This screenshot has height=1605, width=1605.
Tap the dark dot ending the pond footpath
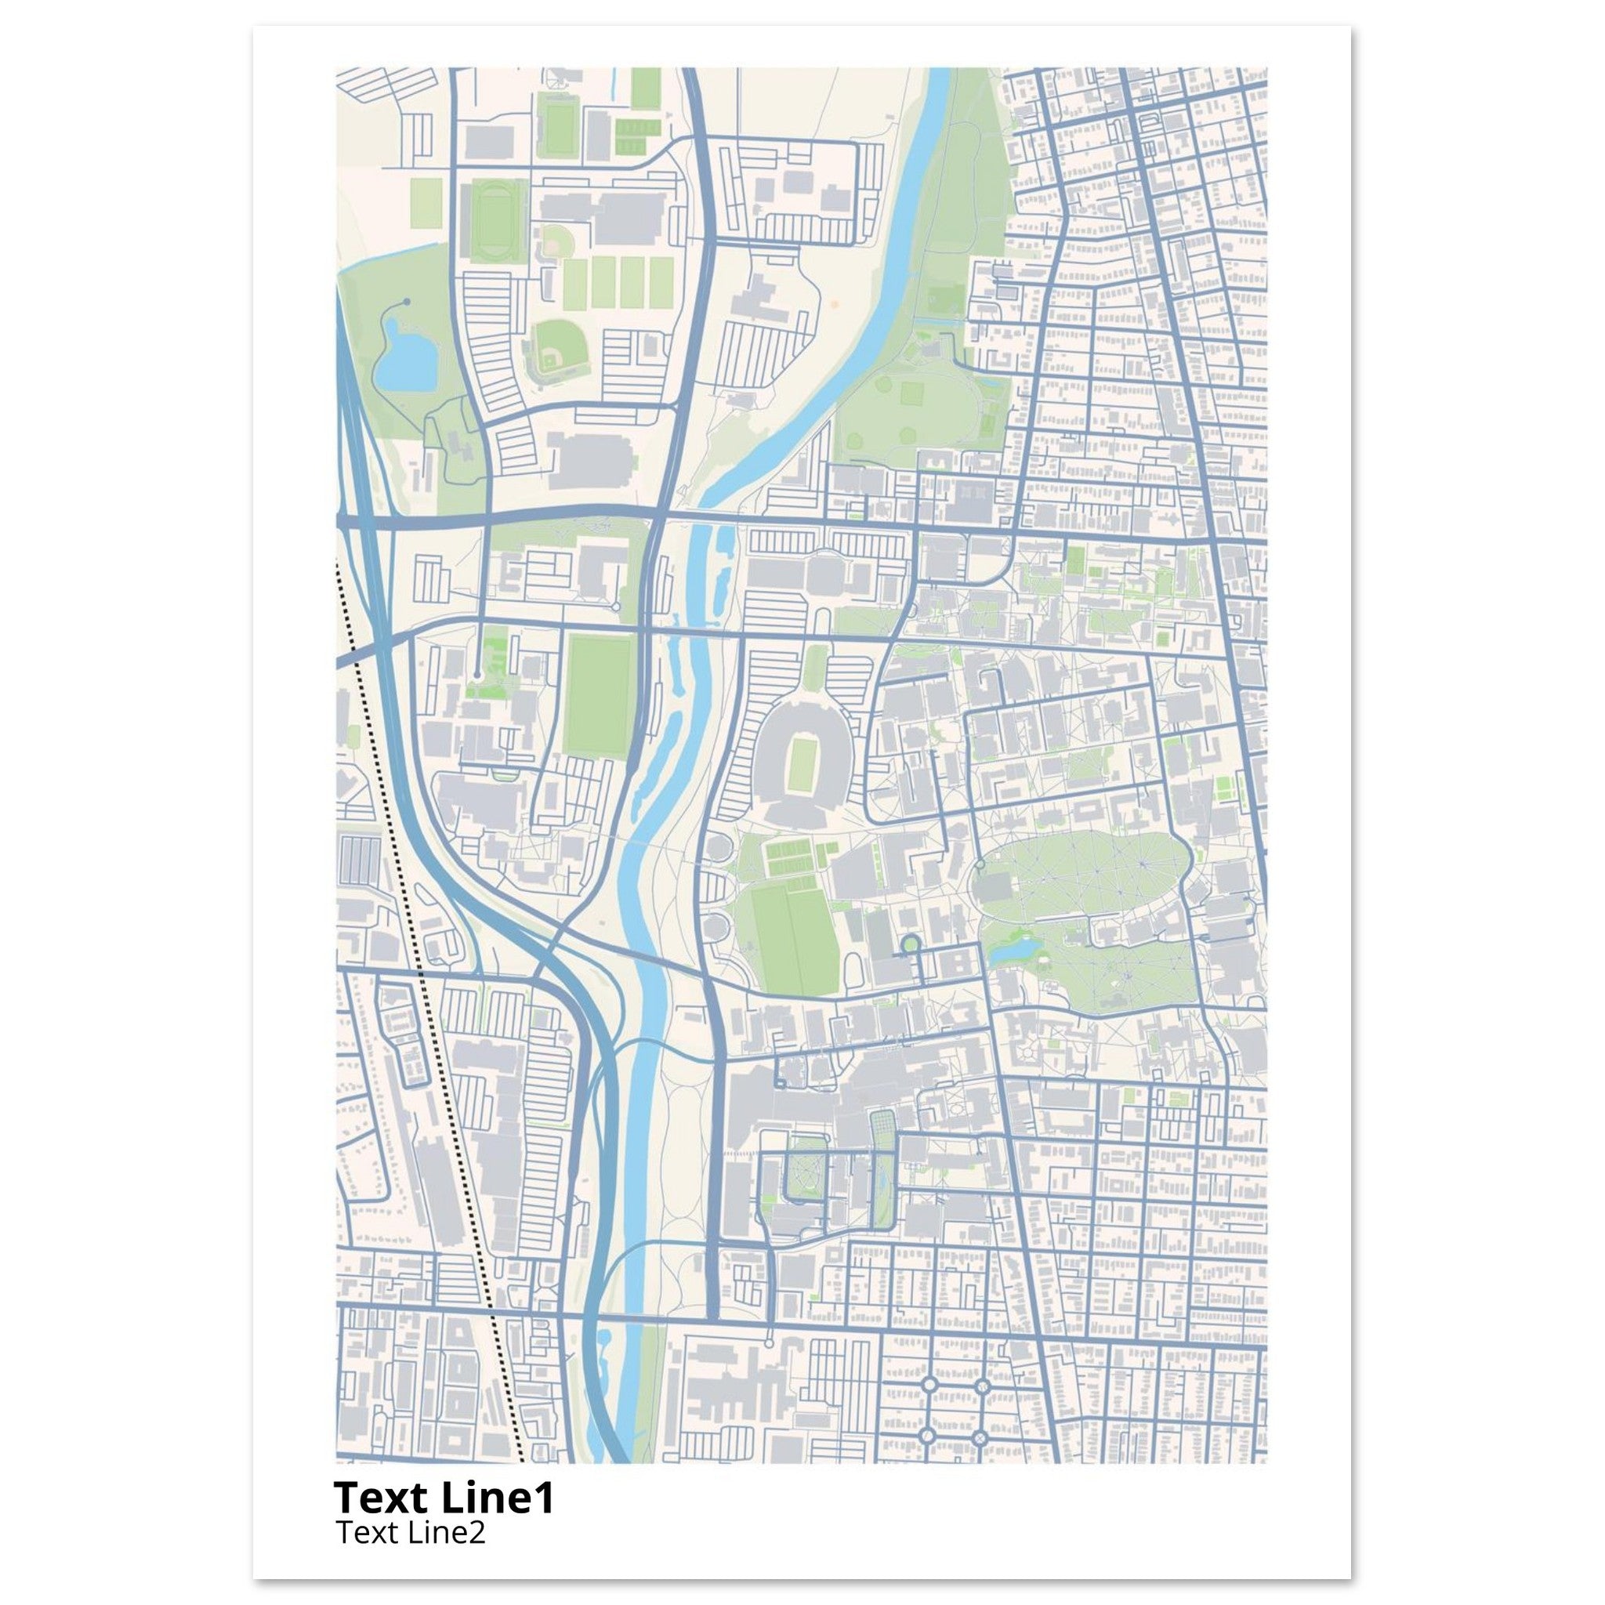click(406, 303)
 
